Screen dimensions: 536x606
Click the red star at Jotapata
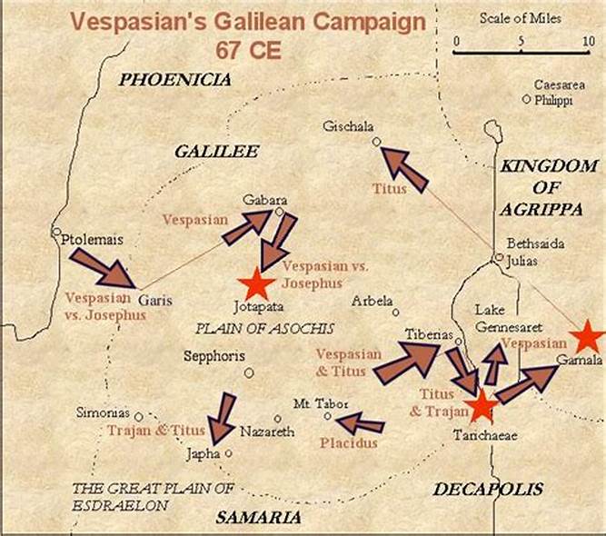point(255,284)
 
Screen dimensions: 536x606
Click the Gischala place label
point(349,127)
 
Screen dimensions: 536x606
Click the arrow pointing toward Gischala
point(403,170)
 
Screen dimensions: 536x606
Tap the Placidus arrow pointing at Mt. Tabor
point(360,422)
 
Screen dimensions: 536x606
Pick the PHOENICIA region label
point(174,80)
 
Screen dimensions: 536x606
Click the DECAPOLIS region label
point(487,490)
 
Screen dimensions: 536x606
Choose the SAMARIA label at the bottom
point(258,517)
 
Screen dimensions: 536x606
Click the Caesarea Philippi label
point(552,92)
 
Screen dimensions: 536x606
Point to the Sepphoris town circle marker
point(249,372)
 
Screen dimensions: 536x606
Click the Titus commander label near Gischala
point(389,189)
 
